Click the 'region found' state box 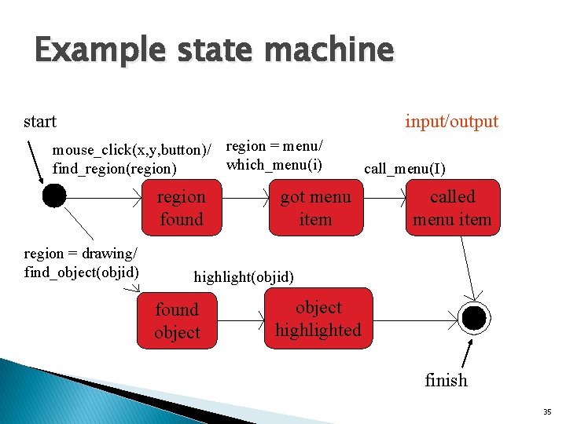coord(181,208)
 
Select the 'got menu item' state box coord(315,208)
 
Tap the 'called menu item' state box coord(452,208)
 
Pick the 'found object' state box coord(177,321)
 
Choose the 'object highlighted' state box coord(318,319)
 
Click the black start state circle coord(54,196)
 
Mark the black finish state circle coord(474,317)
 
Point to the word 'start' coord(40,121)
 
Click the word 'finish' coord(446,380)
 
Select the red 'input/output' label coord(451,121)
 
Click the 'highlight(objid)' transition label coord(244,276)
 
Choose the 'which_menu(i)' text coord(274,164)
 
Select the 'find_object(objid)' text coord(82,272)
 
